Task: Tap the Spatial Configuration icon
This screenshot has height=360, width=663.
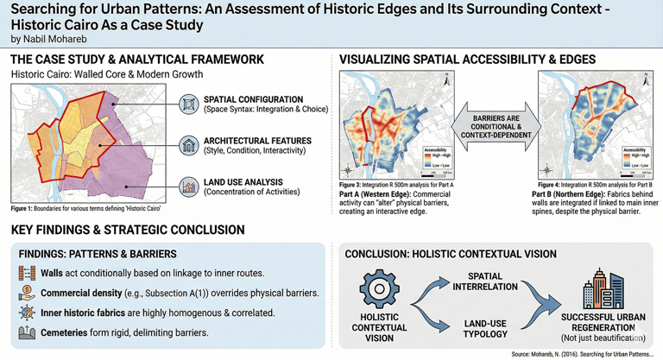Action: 189,104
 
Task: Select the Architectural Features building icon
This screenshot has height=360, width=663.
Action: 189,144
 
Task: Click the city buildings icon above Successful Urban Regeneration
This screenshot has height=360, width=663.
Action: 602,287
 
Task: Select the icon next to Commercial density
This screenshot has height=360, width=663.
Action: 26,294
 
